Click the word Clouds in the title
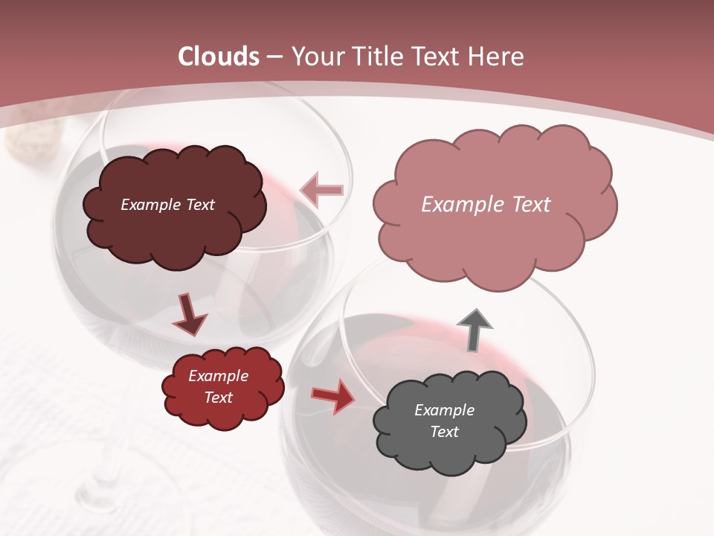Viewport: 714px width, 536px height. point(219,57)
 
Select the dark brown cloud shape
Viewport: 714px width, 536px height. point(175,231)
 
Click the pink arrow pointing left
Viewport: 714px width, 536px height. point(321,191)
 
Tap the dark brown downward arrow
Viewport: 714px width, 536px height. point(189,313)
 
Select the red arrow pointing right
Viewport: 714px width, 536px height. point(332,397)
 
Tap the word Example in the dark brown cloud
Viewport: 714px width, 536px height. point(149,205)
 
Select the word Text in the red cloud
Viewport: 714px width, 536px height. point(219,398)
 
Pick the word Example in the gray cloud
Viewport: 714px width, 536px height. point(444,410)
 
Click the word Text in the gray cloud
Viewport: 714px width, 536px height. point(445,432)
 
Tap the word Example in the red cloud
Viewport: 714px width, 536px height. point(218,376)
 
